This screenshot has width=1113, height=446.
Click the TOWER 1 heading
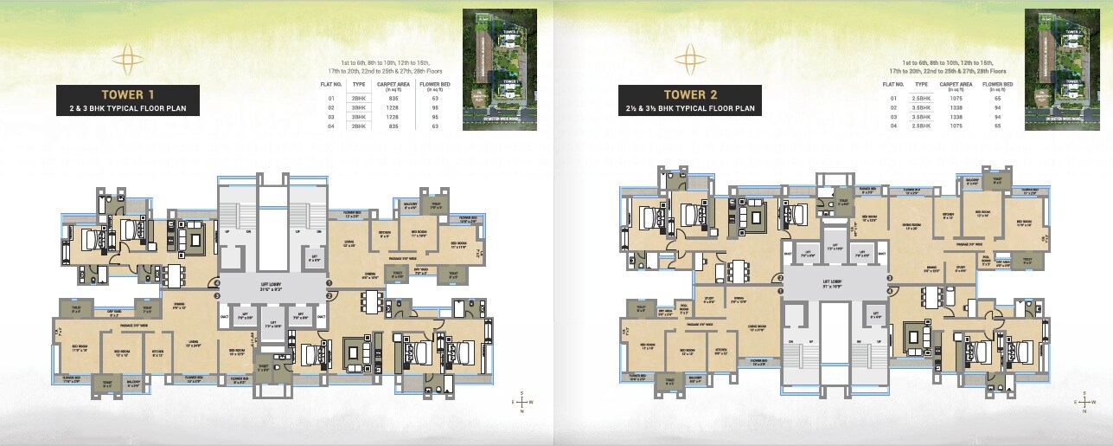pyautogui.click(x=128, y=94)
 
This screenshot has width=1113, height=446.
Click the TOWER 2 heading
pyautogui.click(x=689, y=94)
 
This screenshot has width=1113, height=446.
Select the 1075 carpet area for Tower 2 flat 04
pyautogui.click(x=961, y=126)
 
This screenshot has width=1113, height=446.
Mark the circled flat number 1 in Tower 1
pyautogui.click(x=329, y=282)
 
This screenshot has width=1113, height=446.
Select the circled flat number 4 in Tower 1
pyautogui.click(x=218, y=282)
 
